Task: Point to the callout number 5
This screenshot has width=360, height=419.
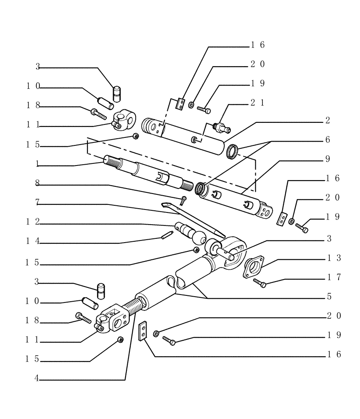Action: coord(329,297)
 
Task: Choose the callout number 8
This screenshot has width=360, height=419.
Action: coord(37,183)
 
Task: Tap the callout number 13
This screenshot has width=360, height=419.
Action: coord(334,258)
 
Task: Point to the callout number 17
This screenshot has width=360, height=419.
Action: coord(334,277)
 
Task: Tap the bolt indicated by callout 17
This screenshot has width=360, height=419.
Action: coord(260,284)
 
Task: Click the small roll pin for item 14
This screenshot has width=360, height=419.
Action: coord(166,236)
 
